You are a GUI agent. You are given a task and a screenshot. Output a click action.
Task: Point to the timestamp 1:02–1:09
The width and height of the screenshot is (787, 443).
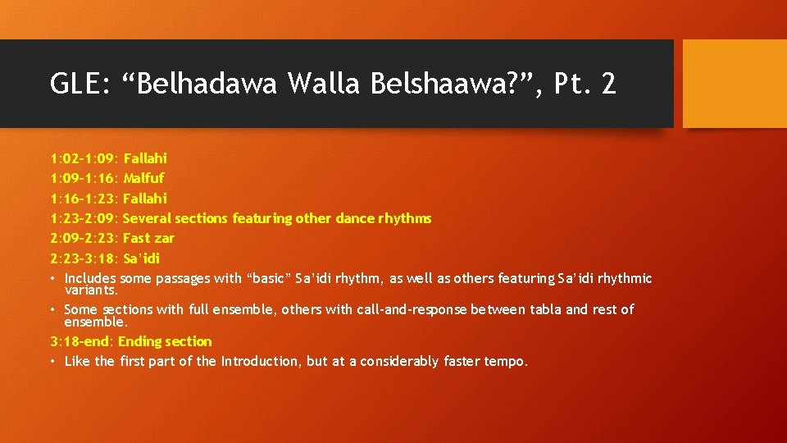[x=84, y=158]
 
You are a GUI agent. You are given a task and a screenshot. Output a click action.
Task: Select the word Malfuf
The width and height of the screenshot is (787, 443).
[x=144, y=178]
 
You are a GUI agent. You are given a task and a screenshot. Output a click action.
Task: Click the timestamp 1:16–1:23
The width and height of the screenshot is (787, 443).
[x=84, y=199]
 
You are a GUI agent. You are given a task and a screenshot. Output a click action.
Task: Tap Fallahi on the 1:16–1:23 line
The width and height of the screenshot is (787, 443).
[x=145, y=199]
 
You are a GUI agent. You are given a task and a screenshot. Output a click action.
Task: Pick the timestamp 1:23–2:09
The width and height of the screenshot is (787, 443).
[x=84, y=218]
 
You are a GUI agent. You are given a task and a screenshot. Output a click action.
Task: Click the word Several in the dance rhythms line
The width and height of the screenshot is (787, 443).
[x=147, y=218]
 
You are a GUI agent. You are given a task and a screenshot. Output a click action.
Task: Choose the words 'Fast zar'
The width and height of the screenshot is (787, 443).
[x=148, y=239]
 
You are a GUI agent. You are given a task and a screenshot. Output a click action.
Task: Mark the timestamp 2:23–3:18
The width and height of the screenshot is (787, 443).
[x=84, y=258]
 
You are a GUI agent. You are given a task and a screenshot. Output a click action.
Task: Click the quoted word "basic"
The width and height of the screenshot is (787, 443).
[x=275, y=279]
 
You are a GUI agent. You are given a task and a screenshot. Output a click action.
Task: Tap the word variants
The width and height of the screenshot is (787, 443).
[x=91, y=290]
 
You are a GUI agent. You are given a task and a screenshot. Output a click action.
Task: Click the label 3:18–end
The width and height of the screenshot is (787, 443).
[x=83, y=341]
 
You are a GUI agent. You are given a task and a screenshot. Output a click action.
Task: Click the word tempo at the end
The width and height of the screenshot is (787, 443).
[x=507, y=362]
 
